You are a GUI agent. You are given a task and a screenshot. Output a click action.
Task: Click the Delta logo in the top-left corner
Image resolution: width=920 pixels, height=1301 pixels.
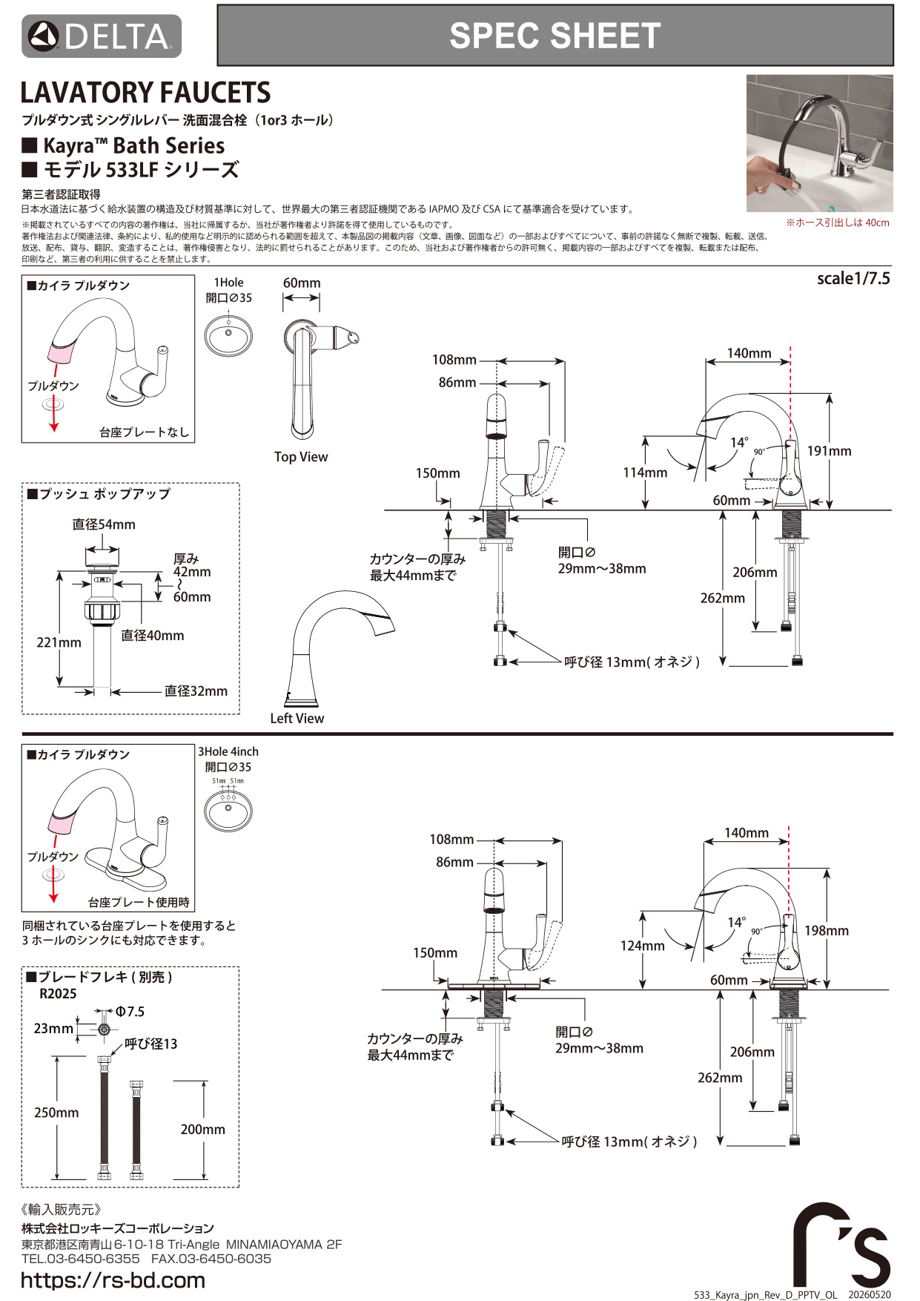pyautogui.click(x=102, y=36)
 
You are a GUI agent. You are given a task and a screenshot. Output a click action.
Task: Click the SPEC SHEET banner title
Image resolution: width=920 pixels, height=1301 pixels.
pyautogui.click(x=555, y=36)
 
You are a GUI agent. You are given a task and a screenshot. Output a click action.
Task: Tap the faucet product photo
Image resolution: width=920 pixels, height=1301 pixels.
pyautogui.click(x=819, y=143)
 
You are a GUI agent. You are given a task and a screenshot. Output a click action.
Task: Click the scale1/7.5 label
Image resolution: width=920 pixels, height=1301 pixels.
pyautogui.click(x=853, y=278)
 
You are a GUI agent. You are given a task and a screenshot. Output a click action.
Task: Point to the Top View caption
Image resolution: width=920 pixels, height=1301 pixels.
pyautogui.click(x=301, y=457)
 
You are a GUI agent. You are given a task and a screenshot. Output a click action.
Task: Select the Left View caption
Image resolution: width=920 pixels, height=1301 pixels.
pyautogui.click(x=297, y=718)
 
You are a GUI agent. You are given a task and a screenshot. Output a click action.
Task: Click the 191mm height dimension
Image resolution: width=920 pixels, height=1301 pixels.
pyautogui.click(x=830, y=451)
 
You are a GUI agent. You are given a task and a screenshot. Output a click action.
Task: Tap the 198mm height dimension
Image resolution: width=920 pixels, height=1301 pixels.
pyautogui.click(x=827, y=931)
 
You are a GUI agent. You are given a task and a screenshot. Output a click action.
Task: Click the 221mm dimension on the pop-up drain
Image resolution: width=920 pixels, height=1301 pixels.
pyautogui.click(x=59, y=642)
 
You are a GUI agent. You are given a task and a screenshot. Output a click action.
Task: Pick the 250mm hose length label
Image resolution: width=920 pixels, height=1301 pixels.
pyautogui.click(x=56, y=1113)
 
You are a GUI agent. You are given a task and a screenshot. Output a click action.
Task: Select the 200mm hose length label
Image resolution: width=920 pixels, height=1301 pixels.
pyautogui.click(x=202, y=1129)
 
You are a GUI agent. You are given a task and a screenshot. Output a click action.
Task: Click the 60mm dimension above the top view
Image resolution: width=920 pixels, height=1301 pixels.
pyautogui.click(x=302, y=283)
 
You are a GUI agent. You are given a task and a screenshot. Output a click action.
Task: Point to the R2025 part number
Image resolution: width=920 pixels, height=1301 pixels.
pyautogui.click(x=58, y=994)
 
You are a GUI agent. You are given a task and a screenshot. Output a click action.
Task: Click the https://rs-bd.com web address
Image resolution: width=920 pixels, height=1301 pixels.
pyautogui.click(x=113, y=1280)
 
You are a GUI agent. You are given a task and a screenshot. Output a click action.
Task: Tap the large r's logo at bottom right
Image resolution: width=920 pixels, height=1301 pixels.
pyautogui.click(x=841, y=1245)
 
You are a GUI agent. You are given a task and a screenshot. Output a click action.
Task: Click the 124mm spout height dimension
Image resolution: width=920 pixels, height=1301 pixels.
pyautogui.click(x=643, y=946)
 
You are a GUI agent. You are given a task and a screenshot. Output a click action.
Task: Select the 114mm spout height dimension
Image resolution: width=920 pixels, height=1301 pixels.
pyautogui.click(x=645, y=472)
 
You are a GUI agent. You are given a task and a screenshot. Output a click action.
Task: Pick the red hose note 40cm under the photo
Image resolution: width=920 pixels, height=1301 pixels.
pyautogui.click(x=838, y=223)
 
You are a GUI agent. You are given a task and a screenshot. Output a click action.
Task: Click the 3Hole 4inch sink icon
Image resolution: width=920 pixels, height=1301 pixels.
pyautogui.click(x=228, y=811)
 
